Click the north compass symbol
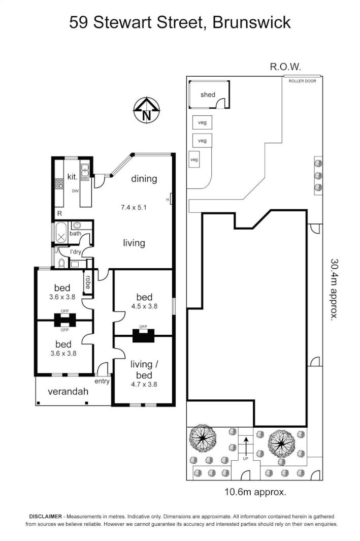point(146,110)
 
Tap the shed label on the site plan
point(208,94)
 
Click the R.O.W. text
point(285,67)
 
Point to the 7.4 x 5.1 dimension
point(134,207)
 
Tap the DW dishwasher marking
point(75,192)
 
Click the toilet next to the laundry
point(61,263)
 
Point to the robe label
point(88,282)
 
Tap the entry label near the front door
point(102,381)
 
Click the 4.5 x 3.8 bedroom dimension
point(144,306)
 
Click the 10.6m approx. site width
point(255,491)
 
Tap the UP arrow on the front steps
point(245,447)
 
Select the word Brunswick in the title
point(252,22)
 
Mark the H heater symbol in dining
point(168,200)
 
